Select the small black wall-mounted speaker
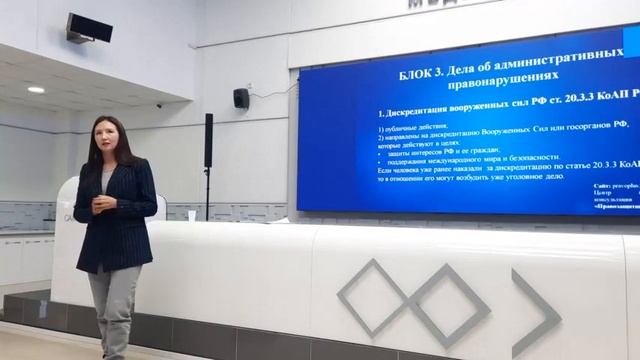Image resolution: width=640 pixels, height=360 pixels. [241, 98]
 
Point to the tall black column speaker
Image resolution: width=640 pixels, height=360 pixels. [208, 139]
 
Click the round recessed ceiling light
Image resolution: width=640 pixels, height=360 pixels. [36, 89]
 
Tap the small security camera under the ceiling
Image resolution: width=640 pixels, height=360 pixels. [158, 105]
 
